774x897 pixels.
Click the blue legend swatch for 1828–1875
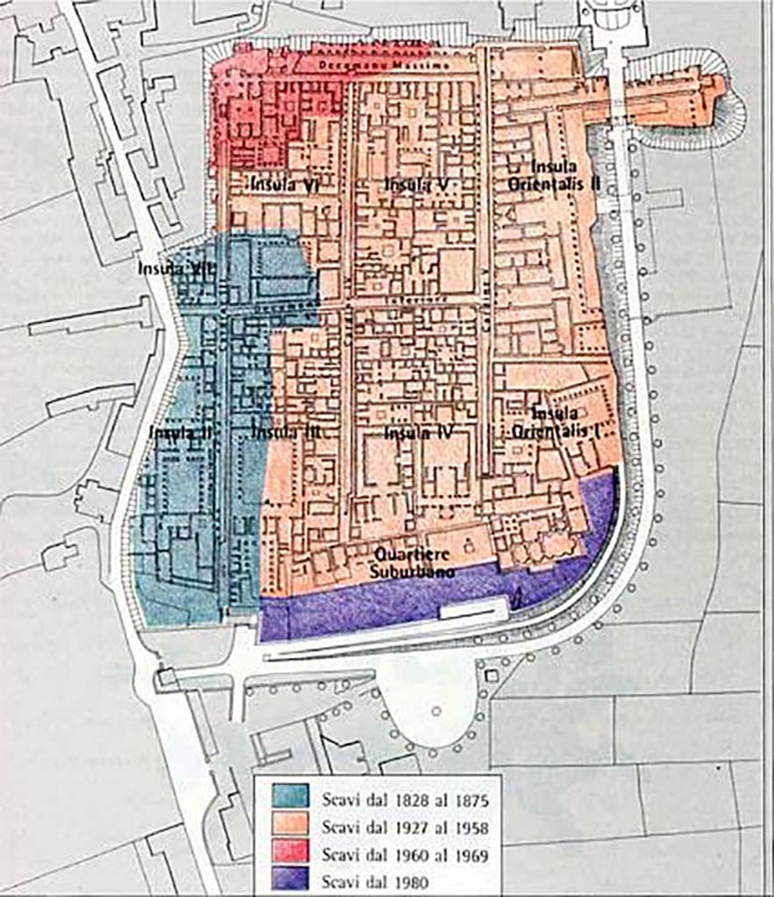click(x=290, y=796)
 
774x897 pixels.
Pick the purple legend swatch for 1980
click(x=290, y=879)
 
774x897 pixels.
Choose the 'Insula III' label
click(x=284, y=432)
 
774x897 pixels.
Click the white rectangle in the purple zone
click(x=473, y=608)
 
